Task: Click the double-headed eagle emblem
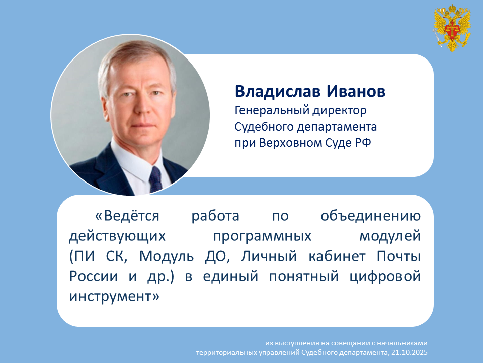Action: click(x=452, y=28)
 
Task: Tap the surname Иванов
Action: click(x=356, y=91)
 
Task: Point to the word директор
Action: click(x=340, y=111)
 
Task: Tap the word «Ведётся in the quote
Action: click(x=127, y=216)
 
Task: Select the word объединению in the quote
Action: click(x=371, y=216)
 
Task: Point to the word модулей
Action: click(x=390, y=236)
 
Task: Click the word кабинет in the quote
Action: click(x=337, y=256)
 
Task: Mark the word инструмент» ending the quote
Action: click(x=114, y=297)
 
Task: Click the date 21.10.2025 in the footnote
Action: click(x=410, y=352)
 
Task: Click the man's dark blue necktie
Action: click(x=155, y=179)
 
